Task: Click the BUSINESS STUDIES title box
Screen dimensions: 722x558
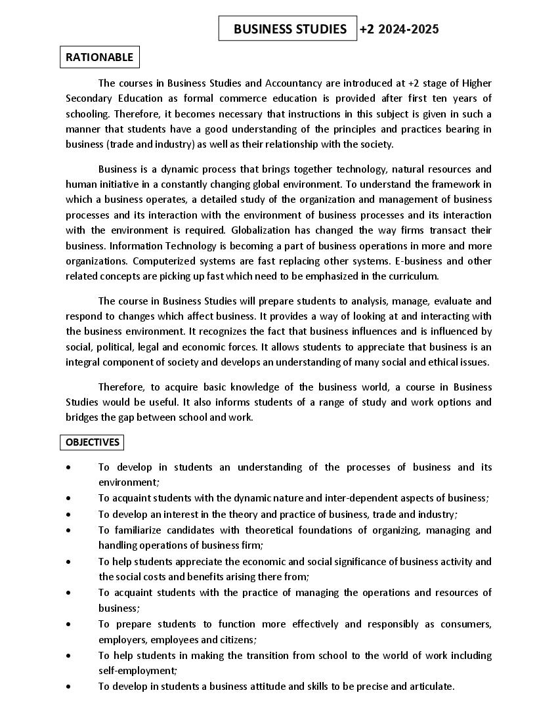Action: tap(288, 29)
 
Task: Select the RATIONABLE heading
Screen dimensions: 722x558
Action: tap(99, 57)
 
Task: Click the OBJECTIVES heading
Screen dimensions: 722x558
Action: tap(93, 442)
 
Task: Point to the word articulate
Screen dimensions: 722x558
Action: tap(431, 687)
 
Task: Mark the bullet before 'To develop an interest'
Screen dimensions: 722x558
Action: tap(69, 515)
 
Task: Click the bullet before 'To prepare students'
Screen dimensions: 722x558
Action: tap(69, 624)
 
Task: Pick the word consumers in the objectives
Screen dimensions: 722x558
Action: tap(466, 624)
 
